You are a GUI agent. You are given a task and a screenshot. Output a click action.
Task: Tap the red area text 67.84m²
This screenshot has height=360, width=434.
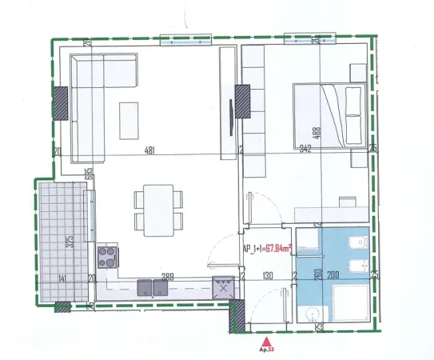[278, 249]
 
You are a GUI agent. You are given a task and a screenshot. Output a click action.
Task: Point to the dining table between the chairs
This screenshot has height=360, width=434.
[153, 208]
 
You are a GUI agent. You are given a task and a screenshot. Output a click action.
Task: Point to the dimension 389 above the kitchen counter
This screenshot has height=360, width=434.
[168, 278]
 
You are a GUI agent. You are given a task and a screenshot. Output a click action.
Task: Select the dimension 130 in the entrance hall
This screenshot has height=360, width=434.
[268, 278]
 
